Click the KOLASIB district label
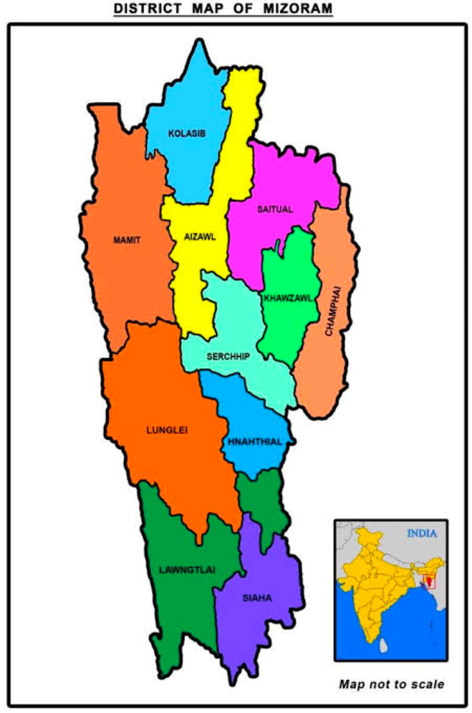click(187, 133)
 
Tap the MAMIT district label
click(127, 240)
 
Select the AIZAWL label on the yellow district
click(200, 237)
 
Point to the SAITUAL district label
click(275, 209)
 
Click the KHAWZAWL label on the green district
click(288, 298)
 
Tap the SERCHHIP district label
click(228, 356)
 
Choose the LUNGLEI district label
click(167, 430)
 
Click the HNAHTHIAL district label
click(255, 442)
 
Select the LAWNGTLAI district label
click(187, 570)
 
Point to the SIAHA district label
click(257, 598)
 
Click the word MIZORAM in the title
click(298, 8)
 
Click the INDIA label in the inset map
click(422, 533)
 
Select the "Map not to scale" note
click(391, 684)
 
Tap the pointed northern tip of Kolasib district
click(200, 42)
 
